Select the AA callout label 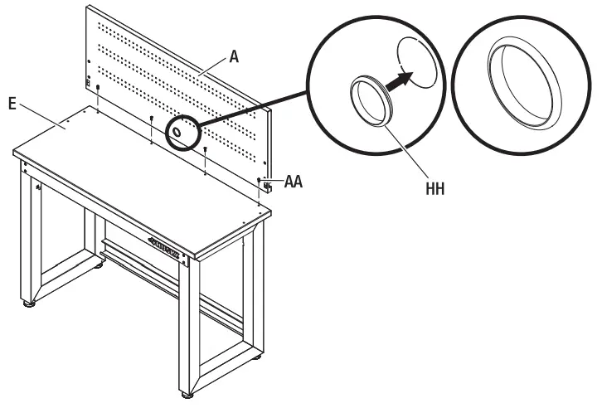(x=292, y=182)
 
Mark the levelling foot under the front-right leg (x=189, y=391)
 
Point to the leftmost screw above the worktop (x=98, y=86)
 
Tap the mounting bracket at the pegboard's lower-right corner (x=267, y=187)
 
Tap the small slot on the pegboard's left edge (x=90, y=80)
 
